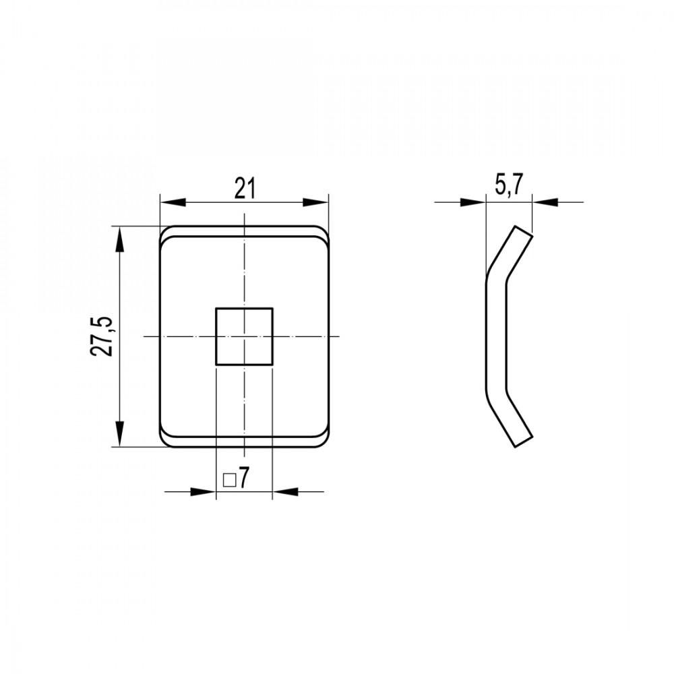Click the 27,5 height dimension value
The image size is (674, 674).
pyautogui.click(x=102, y=336)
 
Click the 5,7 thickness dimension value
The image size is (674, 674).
pyautogui.click(x=508, y=187)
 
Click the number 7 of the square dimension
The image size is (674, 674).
pyautogui.click(x=243, y=478)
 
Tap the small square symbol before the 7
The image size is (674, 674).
pyautogui.click(x=230, y=480)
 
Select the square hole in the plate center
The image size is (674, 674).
pyautogui.click(x=244, y=336)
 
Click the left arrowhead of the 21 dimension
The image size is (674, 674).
pyautogui.click(x=173, y=202)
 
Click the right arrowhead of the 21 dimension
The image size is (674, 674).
pyautogui.click(x=315, y=202)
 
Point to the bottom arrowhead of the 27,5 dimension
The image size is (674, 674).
pyautogui.click(x=120, y=434)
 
